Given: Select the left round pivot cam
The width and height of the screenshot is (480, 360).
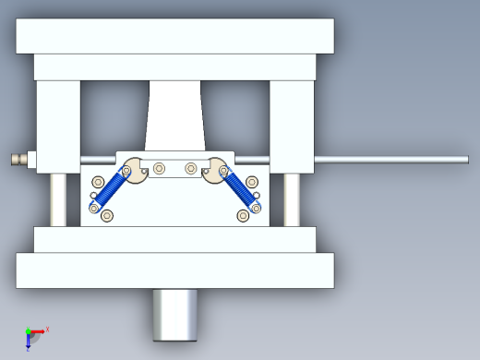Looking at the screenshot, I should pos(133,170).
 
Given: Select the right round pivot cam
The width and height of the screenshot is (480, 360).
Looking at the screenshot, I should pos(219,170).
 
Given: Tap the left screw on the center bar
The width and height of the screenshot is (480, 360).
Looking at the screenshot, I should pos(161,169).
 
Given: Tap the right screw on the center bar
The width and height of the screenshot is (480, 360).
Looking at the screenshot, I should pos(191,169).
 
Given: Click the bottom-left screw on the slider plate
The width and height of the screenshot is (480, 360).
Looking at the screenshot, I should pos(107,216).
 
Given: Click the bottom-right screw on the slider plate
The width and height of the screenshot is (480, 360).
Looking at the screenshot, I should pos(244,216).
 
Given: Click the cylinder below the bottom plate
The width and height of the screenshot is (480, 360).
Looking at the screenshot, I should pos(175,315).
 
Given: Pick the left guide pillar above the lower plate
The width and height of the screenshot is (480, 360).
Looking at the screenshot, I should pos(58,199).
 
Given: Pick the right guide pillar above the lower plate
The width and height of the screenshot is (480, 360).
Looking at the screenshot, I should pos(292,199).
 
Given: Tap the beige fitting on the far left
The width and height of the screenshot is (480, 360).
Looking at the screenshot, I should pos(18,160).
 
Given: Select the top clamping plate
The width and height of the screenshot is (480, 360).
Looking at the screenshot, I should pos(174,35).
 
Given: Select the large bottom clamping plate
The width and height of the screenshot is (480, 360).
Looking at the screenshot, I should pos(174,270).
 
